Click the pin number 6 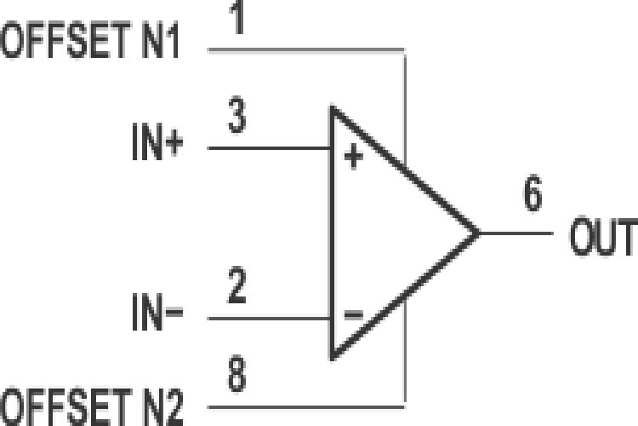532,196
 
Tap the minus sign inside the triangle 353,314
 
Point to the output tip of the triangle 478,233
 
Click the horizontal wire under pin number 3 268,148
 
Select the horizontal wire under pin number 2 268,320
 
